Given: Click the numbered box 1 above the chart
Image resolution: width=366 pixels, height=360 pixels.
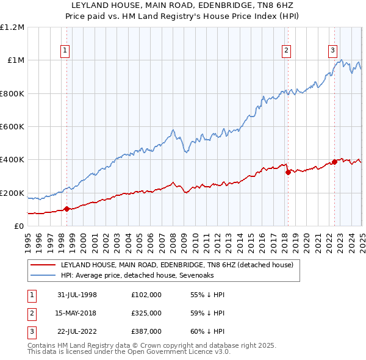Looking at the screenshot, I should pyautogui.click(x=64, y=51).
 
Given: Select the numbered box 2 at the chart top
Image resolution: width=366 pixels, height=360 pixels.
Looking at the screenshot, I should pyautogui.click(x=287, y=51).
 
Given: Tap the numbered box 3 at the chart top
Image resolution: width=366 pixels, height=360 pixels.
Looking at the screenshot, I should pyautogui.click(x=333, y=51).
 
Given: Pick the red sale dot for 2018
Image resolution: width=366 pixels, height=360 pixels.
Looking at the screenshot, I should pyautogui.click(x=287, y=172).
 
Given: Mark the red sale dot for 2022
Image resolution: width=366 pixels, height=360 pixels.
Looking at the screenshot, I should pyautogui.click(x=334, y=162).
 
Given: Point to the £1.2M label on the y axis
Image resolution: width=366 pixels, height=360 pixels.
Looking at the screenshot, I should pyautogui.click(x=12, y=27).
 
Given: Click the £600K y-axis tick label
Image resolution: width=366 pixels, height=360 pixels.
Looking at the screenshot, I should pyautogui.click(x=12, y=127).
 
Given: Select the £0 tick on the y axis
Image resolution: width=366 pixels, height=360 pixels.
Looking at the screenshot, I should pyautogui.click(x=19, y=226).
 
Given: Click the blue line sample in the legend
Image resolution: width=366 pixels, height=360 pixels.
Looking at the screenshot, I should pyautogui.click(x=43, y=276).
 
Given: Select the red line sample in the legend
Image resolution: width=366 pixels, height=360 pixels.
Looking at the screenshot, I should pyautogui.click(x=43, y=265).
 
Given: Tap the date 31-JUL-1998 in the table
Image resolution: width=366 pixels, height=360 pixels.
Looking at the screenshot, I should pyautogui.click(x=77, y=295).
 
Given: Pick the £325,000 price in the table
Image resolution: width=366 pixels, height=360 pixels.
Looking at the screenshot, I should pyautogui.click(x=146, y=313).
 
